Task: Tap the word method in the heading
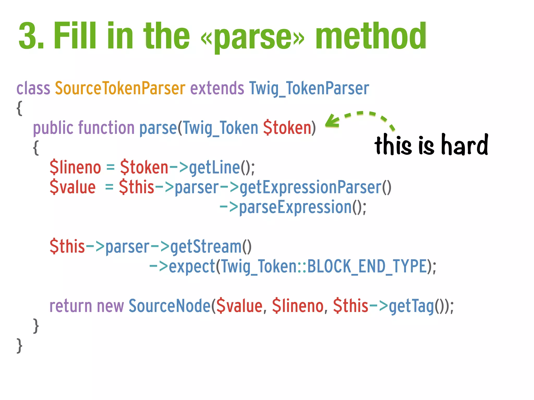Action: pos(371,36)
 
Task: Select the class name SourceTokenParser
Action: pos(120,88)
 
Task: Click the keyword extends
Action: pos(217,88)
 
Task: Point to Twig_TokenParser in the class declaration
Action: pos(309,89)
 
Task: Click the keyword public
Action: pos(53,128)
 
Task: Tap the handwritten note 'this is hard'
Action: pos(431,145)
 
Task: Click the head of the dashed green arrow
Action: pos(331,122)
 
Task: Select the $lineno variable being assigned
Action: pos(75,167)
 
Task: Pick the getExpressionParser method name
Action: pos(310,187)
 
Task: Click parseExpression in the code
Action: pos(295,208)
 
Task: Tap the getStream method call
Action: pos(206,247)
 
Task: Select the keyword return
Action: pos(70,306)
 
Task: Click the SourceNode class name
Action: pos(169,306)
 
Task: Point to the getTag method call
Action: pos(411,306)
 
